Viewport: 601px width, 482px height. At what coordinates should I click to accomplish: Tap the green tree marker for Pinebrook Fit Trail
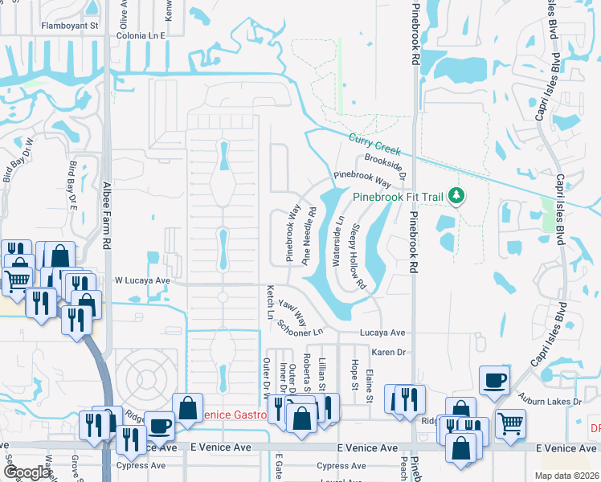click(x=456, y=196)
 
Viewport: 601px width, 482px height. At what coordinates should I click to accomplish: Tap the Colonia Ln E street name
click(x=141, y=36)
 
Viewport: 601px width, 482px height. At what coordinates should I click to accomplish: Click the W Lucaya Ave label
click(x=143, y=280)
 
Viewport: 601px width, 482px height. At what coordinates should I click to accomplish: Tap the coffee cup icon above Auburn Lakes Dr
click(x=494, y=379)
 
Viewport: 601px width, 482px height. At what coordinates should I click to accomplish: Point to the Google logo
click(x=27, y=472)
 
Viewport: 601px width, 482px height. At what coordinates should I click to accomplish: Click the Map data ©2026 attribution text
click(x=566, y=476)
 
